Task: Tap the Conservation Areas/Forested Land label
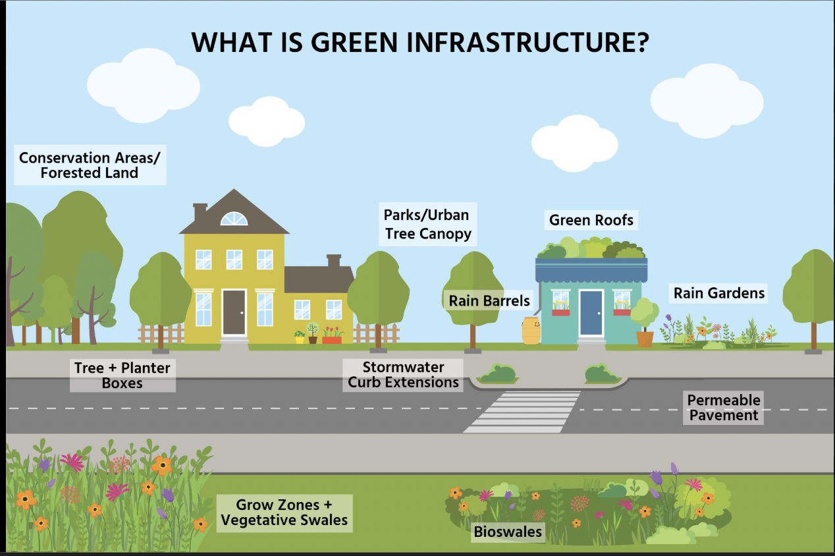click(x=90, y=165)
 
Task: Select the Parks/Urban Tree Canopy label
click(x=428, y=224)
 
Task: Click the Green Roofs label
click(x=591, y=220)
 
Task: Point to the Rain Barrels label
click(x=489, y=301)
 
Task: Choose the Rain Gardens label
click(x=719, y=293)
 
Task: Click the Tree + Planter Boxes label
click(x=122, y=375)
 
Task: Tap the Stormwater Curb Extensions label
click(x=403, y=375)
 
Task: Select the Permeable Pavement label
click(x=723, y=408)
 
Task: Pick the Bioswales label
click(x=508, y=532)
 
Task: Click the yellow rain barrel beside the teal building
click(x=531, y=331)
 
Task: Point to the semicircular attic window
click(x=234, y=219)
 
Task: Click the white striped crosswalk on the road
click(x=524, y=412)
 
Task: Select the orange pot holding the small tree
click(x=645, y=339)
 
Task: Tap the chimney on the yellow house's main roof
click(x=200, y=211)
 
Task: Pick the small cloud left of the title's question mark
click(x=574, y=140)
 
